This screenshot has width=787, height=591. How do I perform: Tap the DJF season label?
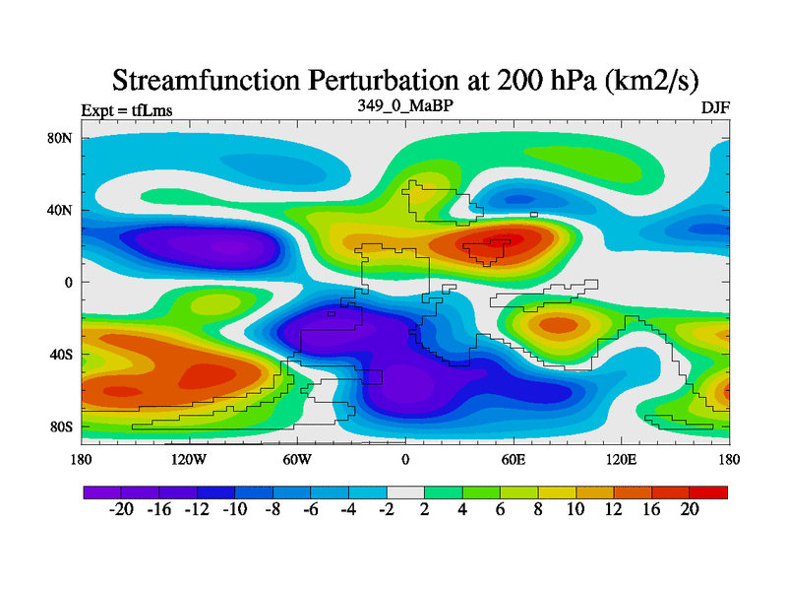pos(715,108)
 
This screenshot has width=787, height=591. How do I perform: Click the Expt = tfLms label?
pos(127,110)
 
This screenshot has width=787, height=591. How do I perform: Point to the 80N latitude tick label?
pos(62,138)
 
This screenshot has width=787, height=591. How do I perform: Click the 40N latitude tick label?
pos(62,210)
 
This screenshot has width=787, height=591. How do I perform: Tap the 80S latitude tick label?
pos(62,427)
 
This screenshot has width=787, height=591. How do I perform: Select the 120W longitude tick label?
pos(188,459)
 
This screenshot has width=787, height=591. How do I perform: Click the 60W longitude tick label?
pos(296,459)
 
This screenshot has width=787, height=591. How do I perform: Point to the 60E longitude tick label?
pos(514,459)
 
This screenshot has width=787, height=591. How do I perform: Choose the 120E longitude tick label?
pos(622,459)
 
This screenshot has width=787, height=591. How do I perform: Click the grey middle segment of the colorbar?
pos(405,492)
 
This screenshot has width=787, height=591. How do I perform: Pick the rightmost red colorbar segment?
pos(709,492)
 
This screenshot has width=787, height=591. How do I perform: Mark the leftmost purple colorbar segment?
pos(102,492)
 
